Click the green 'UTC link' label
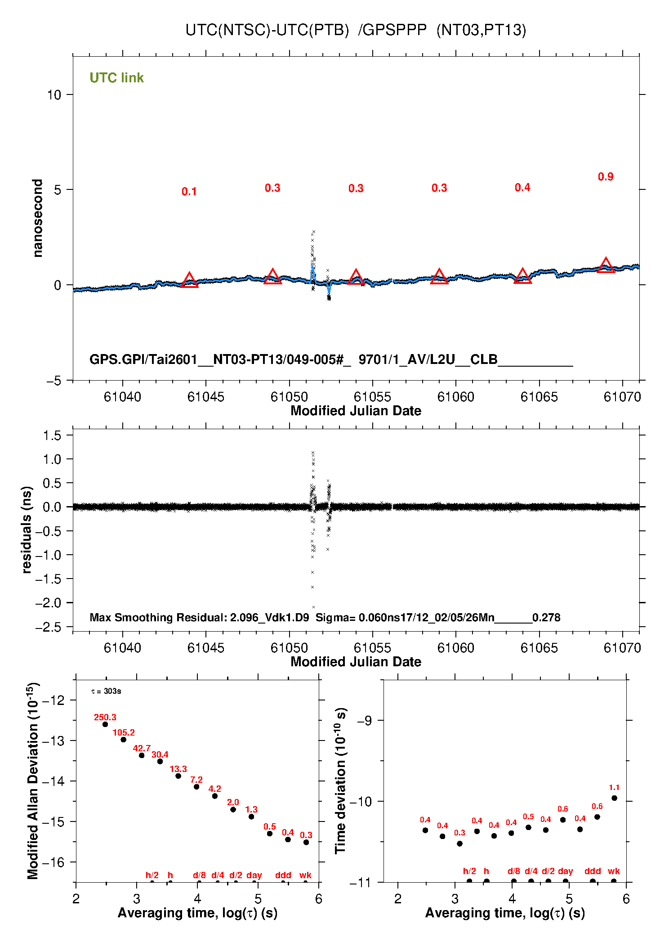[116, 78]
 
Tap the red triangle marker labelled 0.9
[606, 266]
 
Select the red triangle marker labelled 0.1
[189, 281]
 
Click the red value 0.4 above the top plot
[522, 188]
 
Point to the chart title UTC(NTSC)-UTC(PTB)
[267, 30]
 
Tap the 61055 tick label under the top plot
[372, 397]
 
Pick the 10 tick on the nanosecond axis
[54, 95]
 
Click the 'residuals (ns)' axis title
[27, 530]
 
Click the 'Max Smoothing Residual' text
[157, 617]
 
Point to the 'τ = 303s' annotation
[106, 691]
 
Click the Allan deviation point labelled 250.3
[105, 724]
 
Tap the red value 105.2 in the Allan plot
[124, 733]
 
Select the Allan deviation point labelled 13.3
[178, 776]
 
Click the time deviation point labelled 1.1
[614, 798]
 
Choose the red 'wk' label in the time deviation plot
[614, 871]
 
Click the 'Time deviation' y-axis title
[341, 781]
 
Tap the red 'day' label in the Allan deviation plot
[254, 875]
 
